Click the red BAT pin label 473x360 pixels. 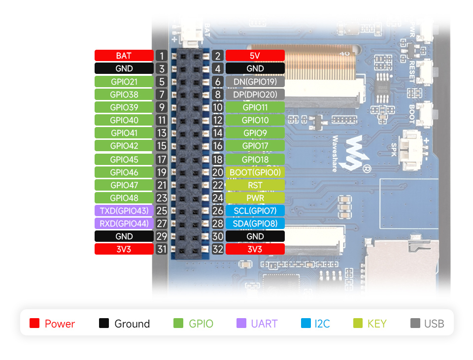[124, 56]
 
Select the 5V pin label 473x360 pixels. [255, 56]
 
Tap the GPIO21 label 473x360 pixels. [124, 81]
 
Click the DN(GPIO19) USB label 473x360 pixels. [255, 81]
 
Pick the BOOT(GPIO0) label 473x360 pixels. [255, 172]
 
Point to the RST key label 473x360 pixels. [255, 185]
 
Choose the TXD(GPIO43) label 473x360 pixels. [124, 211]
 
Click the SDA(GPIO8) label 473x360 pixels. [255, 224]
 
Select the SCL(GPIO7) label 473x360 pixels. [255, 211]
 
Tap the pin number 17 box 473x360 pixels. [162, 160]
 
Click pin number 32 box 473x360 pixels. [218, 249]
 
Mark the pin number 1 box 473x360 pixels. [162, 56]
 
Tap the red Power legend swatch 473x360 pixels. [34, 324]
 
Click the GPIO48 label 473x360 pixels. [124, 198]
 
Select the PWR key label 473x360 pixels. [255, 198]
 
